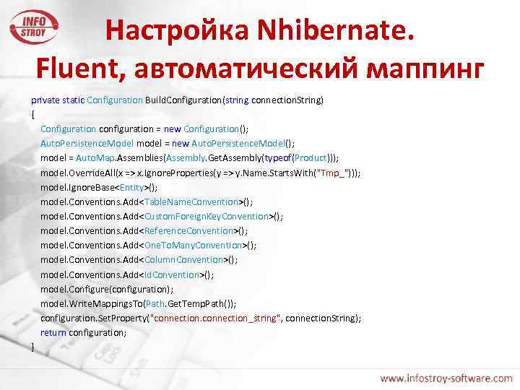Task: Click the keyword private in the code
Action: point(45,100)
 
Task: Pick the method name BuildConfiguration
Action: point(183,100)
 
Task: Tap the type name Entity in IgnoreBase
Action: point(134,187)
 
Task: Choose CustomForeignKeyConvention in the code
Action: point(207,216)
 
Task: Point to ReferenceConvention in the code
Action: point(189,230)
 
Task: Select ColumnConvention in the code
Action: point(184,259)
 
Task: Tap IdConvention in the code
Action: point(173,274)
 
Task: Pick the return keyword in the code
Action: point(53,332)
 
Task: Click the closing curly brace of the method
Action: point(33,347)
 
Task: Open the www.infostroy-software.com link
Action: point(446,378)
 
